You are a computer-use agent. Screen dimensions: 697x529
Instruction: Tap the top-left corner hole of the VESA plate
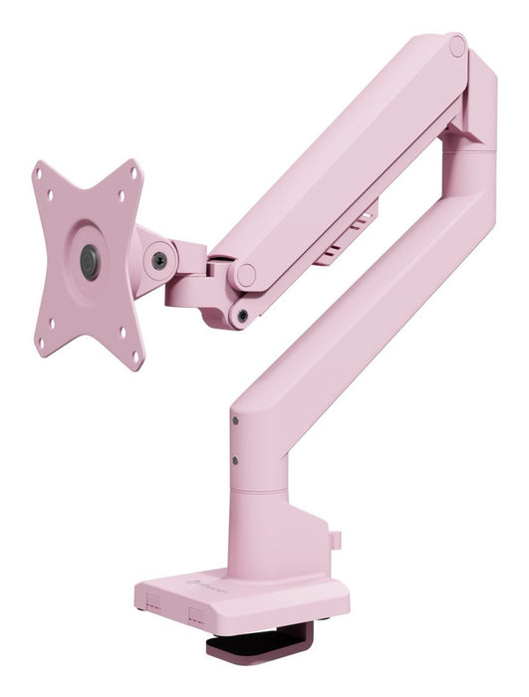(x=40, y=171)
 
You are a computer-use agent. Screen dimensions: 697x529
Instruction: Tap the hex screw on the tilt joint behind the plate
(x=159, y=260)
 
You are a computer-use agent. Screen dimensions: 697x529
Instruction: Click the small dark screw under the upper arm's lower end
(x=242, y=316)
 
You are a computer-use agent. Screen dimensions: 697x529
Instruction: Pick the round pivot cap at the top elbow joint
(x=456, y=46)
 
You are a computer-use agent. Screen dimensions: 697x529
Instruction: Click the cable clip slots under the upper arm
(x=344, y=237)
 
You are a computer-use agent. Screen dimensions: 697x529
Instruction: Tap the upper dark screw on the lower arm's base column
(x=235, y=421)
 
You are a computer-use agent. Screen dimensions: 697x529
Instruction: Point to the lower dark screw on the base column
(x=235, y=460)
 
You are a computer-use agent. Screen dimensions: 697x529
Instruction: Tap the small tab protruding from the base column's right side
(x=336, y=540)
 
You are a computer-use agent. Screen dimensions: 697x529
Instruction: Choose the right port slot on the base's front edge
(x=196, y=617)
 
